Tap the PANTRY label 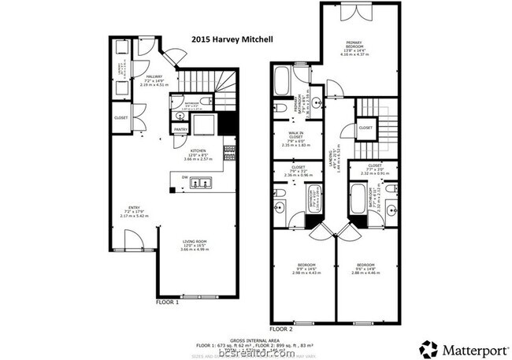(180, 129)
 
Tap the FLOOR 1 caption (167, 302)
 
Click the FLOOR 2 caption (281, 328)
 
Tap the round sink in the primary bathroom (315, 103)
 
